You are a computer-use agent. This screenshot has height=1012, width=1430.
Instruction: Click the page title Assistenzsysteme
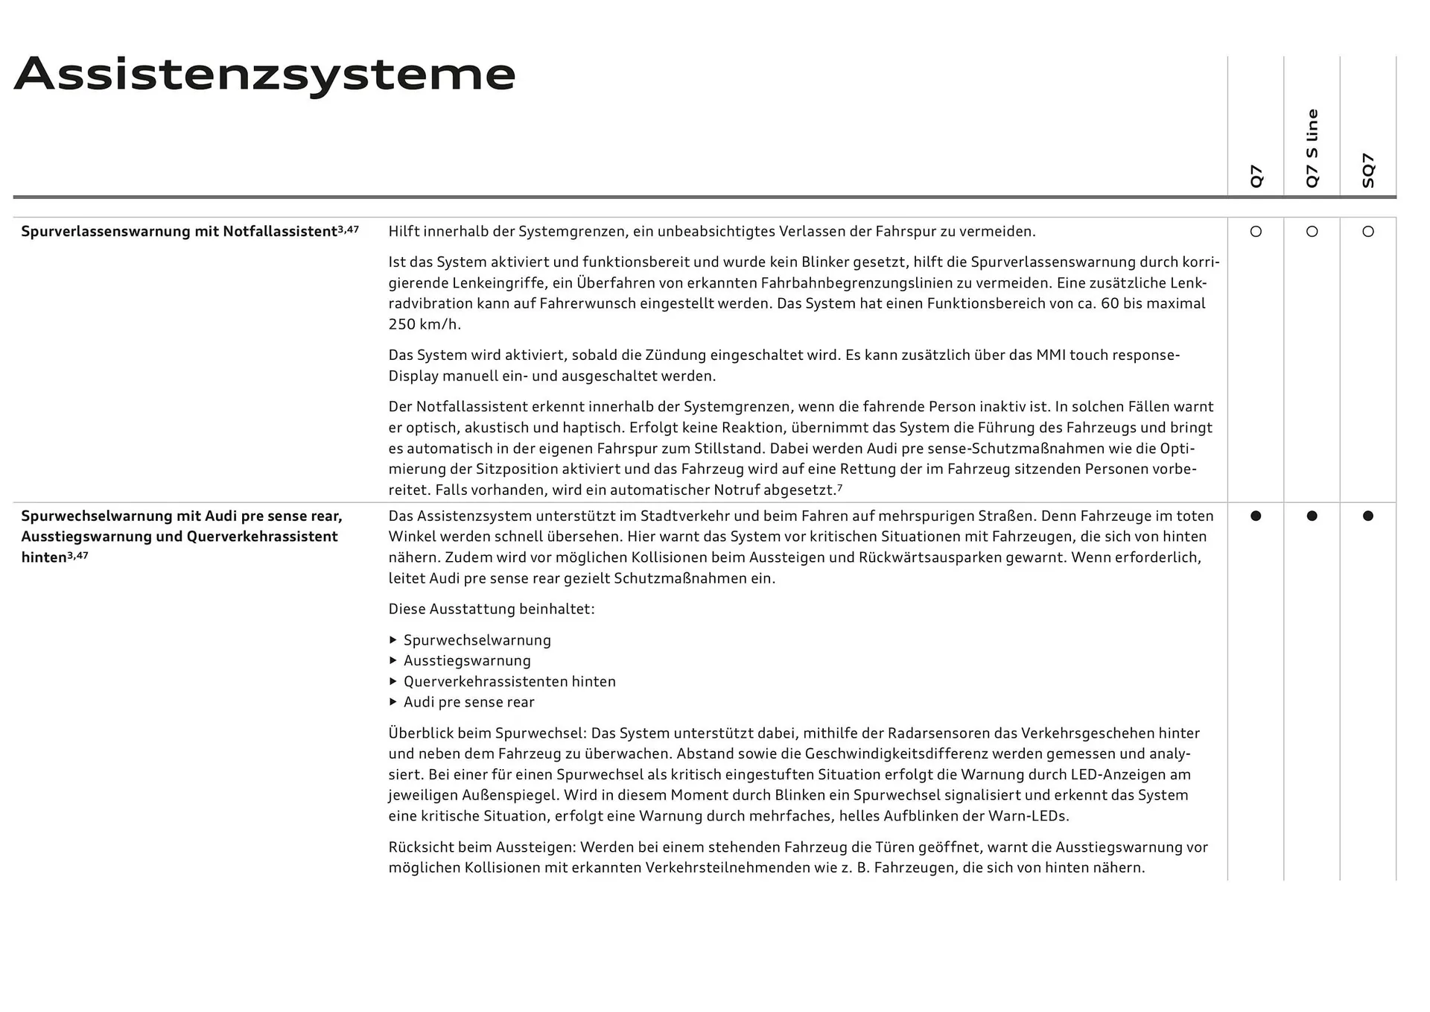264,75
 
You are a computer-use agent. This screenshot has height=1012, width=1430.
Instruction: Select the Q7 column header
1256,176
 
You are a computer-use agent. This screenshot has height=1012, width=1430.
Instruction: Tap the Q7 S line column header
1312,148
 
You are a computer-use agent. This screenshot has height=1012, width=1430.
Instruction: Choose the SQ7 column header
1368,170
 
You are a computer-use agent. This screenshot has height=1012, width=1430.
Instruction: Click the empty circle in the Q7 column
1256,232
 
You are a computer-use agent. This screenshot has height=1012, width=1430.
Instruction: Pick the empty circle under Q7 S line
1312,232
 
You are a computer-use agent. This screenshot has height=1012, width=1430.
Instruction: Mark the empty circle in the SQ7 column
1368,232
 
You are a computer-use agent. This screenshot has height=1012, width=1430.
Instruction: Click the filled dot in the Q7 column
1256,516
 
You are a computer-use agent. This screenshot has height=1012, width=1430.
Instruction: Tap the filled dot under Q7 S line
1312,516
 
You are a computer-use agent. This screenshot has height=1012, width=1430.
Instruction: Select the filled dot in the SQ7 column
1368,516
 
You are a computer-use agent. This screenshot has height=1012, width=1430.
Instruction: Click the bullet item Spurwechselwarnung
477,640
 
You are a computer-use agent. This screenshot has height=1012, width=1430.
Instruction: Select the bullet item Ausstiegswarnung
467,661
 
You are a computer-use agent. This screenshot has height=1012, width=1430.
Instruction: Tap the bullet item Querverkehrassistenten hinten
509,682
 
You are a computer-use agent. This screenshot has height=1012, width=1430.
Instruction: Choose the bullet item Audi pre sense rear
468,702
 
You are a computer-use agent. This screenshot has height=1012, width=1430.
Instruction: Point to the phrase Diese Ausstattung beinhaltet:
492,609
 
